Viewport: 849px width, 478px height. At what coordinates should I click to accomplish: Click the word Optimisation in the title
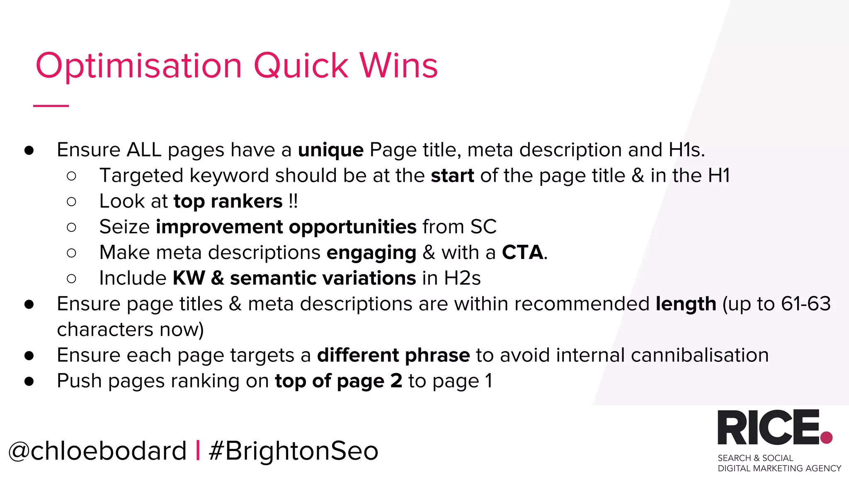click(x=139, y=66)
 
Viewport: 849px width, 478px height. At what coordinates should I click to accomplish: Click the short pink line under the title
click(x=51, y=106)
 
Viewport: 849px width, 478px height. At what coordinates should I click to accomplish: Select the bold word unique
click(x=330, y=150)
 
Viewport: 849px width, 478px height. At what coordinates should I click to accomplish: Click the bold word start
click(x=452, y=176)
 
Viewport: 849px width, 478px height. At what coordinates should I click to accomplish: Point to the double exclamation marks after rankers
click(x=293, y=201)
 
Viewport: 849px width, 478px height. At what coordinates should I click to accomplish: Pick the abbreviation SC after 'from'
click(x=483, y=227)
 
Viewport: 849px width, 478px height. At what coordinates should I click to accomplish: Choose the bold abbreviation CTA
click(x=522, y=253)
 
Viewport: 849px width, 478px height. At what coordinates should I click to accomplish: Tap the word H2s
click(x=462, y=278)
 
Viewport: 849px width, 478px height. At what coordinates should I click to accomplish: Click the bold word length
click(x=686, y=304)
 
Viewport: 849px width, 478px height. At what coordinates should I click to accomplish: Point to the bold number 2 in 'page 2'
click(x=396, y=381)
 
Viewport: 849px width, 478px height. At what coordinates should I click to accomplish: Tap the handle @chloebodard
click(x=98, y=451)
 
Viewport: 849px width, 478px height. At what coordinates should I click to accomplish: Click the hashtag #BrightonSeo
click(x=294, y=451)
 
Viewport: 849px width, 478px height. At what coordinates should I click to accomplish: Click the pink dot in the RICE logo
click(x=826, y=437)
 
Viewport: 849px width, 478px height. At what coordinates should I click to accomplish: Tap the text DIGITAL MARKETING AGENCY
click(x=779, y=468)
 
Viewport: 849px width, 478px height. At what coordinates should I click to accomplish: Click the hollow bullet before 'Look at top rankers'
click(x=71, y=202)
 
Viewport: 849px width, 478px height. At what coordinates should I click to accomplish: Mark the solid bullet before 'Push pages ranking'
click(x=29, y=381)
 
